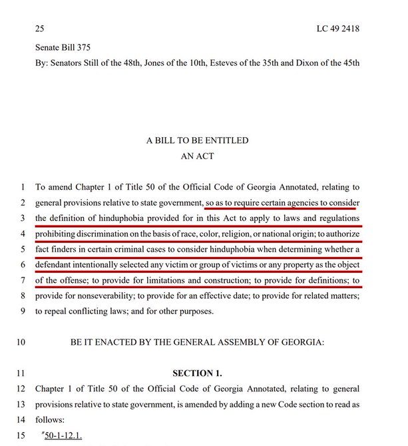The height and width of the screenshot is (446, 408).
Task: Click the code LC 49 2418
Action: coord(337,30)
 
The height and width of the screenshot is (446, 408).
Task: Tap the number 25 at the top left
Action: coord(40,30)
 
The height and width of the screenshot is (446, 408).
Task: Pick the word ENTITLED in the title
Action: coord(222,140)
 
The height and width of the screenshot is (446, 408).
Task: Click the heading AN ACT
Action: coord(197,156)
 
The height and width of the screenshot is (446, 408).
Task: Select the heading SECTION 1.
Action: coord(197,373)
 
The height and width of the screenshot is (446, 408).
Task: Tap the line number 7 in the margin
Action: coord(22,280)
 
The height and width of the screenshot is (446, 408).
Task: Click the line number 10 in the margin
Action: coord(20,342)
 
